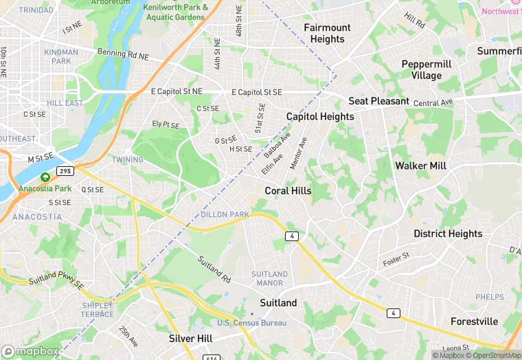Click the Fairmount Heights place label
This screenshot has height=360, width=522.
pyautogui.click(x=327, y=33)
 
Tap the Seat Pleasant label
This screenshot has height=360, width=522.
pyautogui.click(x=378, y=101)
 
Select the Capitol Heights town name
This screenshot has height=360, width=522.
pyautogui.click(x=320, y=117)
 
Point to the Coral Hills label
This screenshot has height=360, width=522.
pyautogui.click(x=288, y=191)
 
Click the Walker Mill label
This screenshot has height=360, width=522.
pyautogui.click(x=420, y=166)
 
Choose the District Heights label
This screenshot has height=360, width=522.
pyautogui.click(x=448, y=234)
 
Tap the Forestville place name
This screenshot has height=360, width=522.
pyautogui.click(x=474, y=322)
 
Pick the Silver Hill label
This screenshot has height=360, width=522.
pyautogui.click(x=190, y=339)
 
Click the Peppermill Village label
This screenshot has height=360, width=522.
pyautogui.click(x=427, y=69)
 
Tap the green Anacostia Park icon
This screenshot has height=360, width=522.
pyautogui.click(x=45, y=177)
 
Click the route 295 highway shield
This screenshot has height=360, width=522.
pyautogui.click(x=65, y=170)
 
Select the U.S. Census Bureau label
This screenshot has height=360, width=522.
pyautogui.click(x=252, y=323)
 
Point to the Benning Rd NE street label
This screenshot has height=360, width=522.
pyautogui.click(x=122, y=52)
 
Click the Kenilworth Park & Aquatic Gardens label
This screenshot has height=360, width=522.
pyautogui.click(x=176, y=11)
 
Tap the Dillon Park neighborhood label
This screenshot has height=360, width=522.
pyautogui.click(x=225, y=215)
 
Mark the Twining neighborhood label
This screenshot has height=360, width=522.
pyautogui.click(x=128, y=160)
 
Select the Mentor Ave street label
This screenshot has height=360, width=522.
pyautogui.click(x=299, y=153)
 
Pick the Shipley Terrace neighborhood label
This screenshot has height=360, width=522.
pyautogui.click(x=98, y=310)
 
